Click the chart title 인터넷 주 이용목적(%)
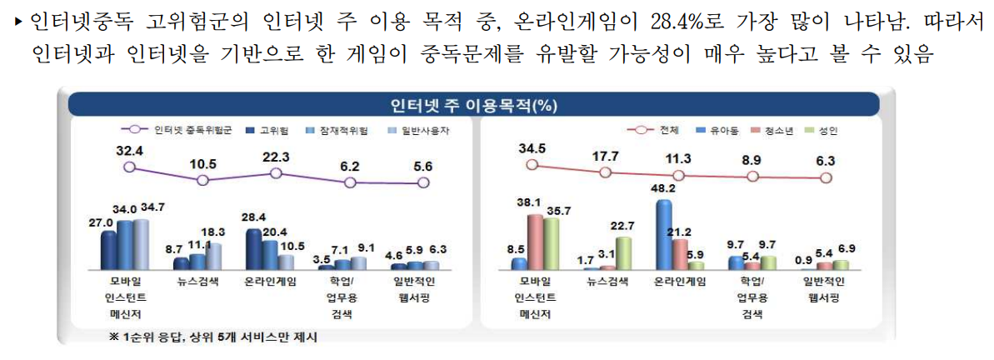473,104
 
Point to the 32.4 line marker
129,167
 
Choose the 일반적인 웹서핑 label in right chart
826,289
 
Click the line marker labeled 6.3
826,177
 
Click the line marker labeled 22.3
276,172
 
